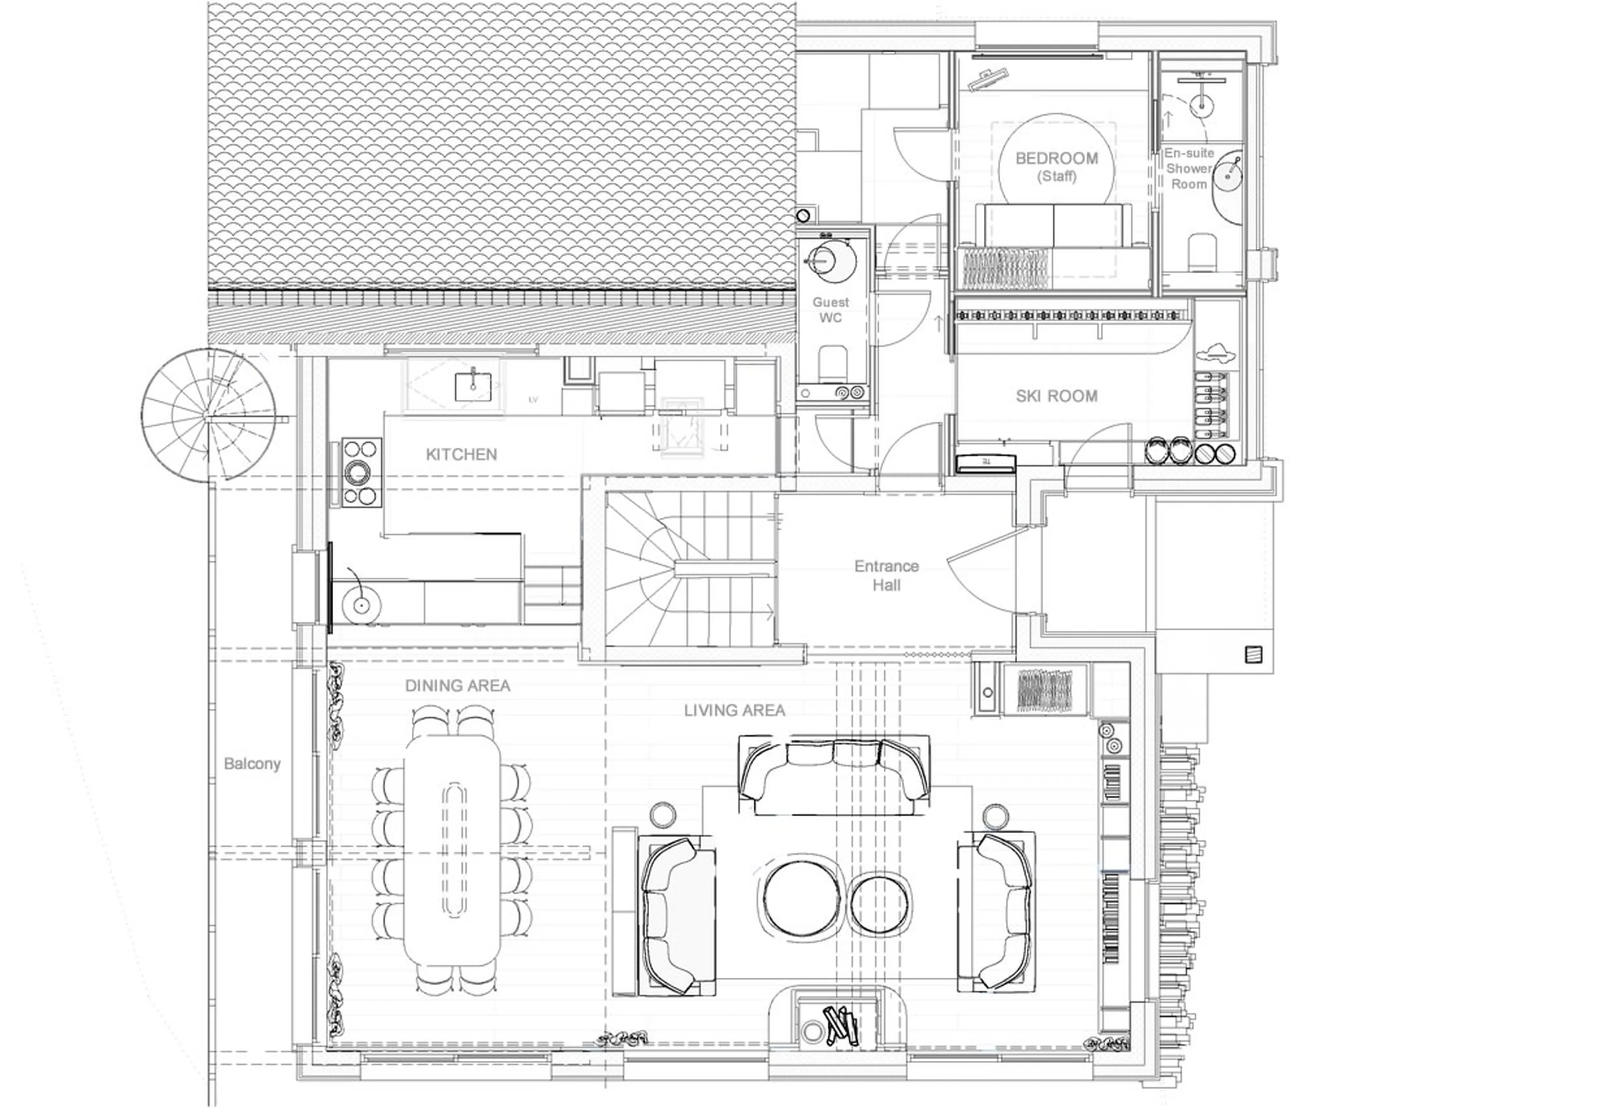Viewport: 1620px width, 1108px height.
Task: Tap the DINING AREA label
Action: [x=457, y=686]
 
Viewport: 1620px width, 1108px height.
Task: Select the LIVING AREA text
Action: [x=734, y=710]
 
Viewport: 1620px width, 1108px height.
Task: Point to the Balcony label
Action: [x=251, y=764]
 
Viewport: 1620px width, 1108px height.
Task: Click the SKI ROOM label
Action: [x=1056, y=396]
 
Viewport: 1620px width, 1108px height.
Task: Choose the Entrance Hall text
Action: [x=886, y=576]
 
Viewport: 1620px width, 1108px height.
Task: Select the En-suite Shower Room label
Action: [x=1188, y=169]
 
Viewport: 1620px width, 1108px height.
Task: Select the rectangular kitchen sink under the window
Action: [x=472, y=387]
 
